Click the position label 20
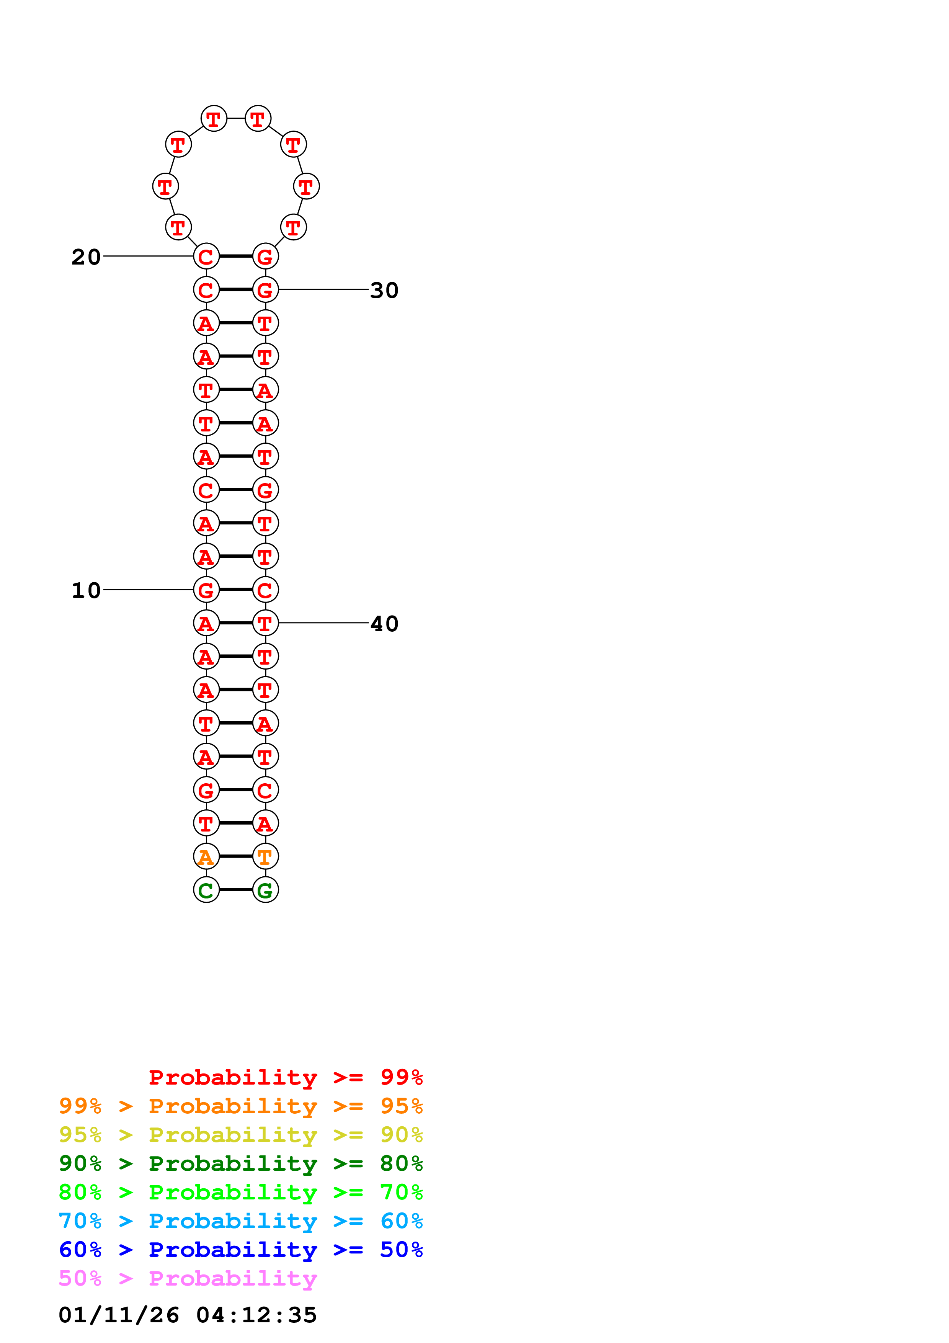(x=86, y=257)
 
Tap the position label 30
(x=384, y=290)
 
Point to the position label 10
(x=86, y=590)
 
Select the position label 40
(x=384, y=624)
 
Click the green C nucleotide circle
(x=206, y=890)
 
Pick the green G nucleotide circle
(x=265, y=890)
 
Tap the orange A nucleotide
(x=206, y=856)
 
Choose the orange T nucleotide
(x=265, y=856)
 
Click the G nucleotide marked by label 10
(x=206, y=590)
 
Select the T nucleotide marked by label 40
(x=265, y=623)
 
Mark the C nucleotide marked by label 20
(x=206, y=256)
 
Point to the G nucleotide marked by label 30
(x=265, y=289)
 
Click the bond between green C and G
(x=236, y=890)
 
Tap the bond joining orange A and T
(x=236, y=856)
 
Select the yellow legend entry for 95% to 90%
(x=240, y=1134)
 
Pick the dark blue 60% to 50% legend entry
(x=240, y=1250)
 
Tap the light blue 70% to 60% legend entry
(x=240, y=1221)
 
